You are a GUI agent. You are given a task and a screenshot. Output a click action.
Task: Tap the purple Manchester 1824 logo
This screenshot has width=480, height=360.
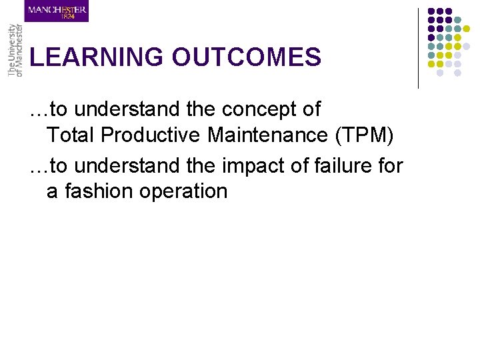57,11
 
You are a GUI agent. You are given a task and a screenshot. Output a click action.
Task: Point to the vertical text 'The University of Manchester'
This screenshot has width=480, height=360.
15,50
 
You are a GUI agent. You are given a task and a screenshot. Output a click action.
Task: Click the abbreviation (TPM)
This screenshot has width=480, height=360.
365,135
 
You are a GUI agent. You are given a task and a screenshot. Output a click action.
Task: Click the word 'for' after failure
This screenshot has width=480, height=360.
390,164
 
